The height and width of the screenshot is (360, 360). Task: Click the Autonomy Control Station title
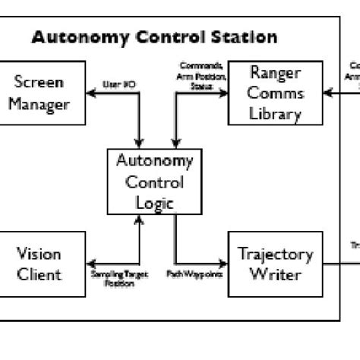(154, 37)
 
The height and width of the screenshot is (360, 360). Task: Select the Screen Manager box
(39, 92)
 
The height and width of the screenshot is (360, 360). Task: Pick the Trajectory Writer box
(275, 264)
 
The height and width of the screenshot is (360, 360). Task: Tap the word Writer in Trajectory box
(275, 274)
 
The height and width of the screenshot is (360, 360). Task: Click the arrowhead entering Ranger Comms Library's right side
(326, 93)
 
